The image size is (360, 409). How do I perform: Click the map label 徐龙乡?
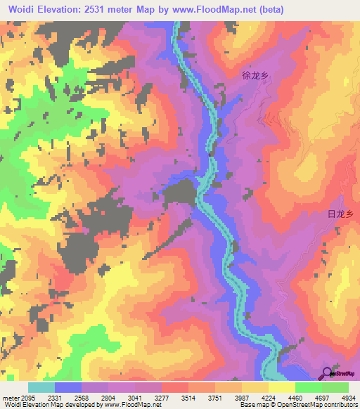(x=256, y=74)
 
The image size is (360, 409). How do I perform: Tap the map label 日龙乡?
(x=340, y=214)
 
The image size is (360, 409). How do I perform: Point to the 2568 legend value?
(x=89, y=397)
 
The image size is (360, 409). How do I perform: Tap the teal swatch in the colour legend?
(x=41, y=387)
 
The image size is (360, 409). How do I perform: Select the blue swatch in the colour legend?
(x=67, y=387)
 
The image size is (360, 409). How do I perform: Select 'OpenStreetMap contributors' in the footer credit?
(x=324, y=405)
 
